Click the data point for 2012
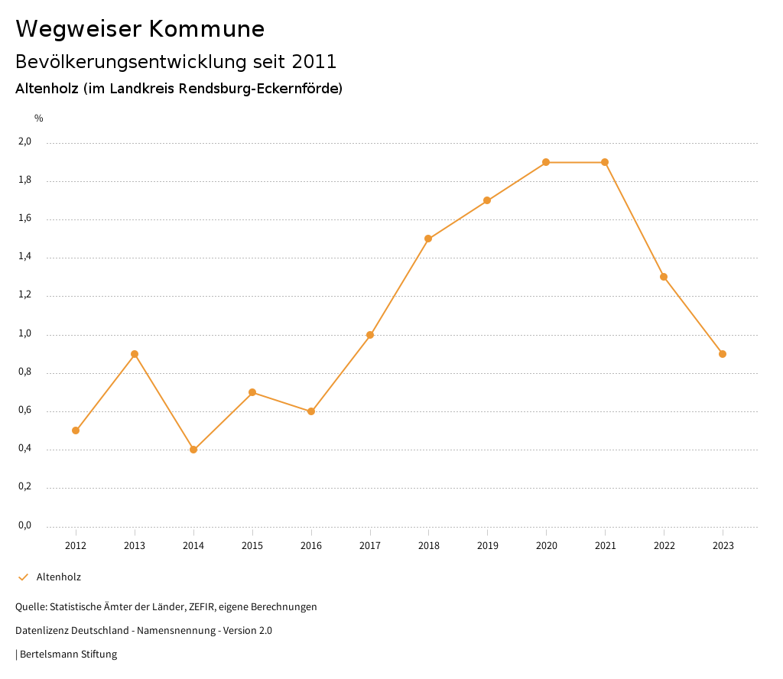[76, 430]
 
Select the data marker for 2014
[193, 450]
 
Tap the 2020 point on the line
[546, 162]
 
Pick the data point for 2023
[723, 354]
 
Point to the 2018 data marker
[428, 239]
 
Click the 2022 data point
[664, 277]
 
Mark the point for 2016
[311, 411]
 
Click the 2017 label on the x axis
[370, 545]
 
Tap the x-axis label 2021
[605, 545]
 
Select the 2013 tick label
[135, 545]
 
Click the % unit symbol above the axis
[39, 119]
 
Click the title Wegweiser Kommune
[140, 29]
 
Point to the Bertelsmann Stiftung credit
[68, 655]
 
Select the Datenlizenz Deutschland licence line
[144, 631]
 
